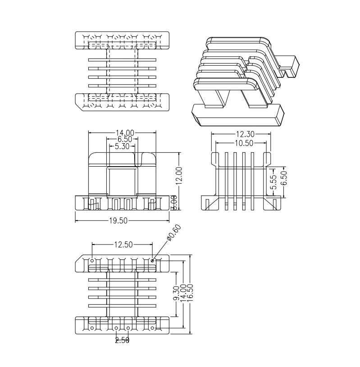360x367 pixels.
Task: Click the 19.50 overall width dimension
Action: pos(118,221)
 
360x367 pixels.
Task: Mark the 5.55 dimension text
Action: pos(273,180)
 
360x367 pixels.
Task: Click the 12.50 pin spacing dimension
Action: pos(123,245)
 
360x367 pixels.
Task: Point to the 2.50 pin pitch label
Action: pos(122,340)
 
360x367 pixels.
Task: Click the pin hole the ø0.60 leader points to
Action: pos(153,260)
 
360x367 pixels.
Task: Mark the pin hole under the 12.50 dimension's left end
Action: pos(92,260)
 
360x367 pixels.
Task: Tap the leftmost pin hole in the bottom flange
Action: pos(92,328)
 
